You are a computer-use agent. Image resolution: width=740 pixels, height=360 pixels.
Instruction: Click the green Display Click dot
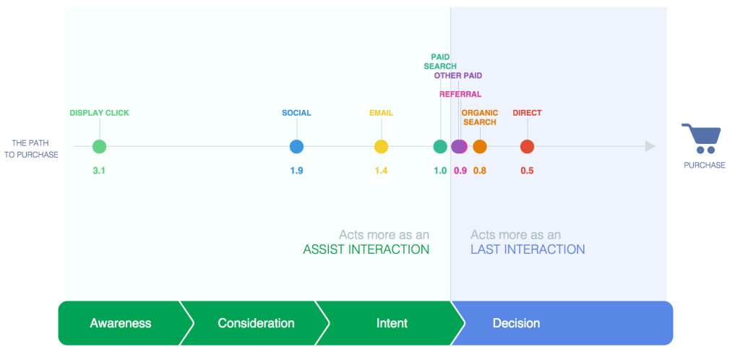[99, 147]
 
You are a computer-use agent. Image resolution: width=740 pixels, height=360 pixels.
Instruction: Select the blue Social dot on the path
[296, 147]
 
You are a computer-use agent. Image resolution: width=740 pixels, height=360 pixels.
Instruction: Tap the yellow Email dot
[381, 147]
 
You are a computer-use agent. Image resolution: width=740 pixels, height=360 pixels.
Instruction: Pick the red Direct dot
[527, 147]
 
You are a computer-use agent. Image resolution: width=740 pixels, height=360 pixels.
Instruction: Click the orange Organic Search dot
[480, 147]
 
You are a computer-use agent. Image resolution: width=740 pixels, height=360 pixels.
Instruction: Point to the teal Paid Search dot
[440, 147]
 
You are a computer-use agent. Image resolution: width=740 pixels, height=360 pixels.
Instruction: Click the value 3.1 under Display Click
[99, 171]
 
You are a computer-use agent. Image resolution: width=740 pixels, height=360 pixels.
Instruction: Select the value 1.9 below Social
[296, 171]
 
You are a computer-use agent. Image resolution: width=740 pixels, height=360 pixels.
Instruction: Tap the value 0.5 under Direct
[527, 171]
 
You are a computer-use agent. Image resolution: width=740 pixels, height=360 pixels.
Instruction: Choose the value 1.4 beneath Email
[381, 171]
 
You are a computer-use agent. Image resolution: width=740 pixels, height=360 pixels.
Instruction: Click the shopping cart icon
[702, 138]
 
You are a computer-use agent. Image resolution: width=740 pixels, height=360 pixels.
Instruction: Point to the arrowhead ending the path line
[650, 147]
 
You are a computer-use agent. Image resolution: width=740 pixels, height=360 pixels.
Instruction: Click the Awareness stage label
[121, 323]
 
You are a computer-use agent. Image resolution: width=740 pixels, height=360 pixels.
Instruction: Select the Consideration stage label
[257, 323]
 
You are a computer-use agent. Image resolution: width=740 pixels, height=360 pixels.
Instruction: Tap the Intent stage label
[392, 323]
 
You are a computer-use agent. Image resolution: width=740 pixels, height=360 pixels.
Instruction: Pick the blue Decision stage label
[516, 323]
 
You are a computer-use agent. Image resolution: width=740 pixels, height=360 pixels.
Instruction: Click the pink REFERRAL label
[460, 94]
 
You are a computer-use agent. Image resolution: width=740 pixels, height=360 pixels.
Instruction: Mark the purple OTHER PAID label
[458, 75]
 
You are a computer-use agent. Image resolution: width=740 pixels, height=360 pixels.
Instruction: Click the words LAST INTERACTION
[528, 249]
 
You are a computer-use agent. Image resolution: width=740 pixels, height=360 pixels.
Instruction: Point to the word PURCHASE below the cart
[705, 165]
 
